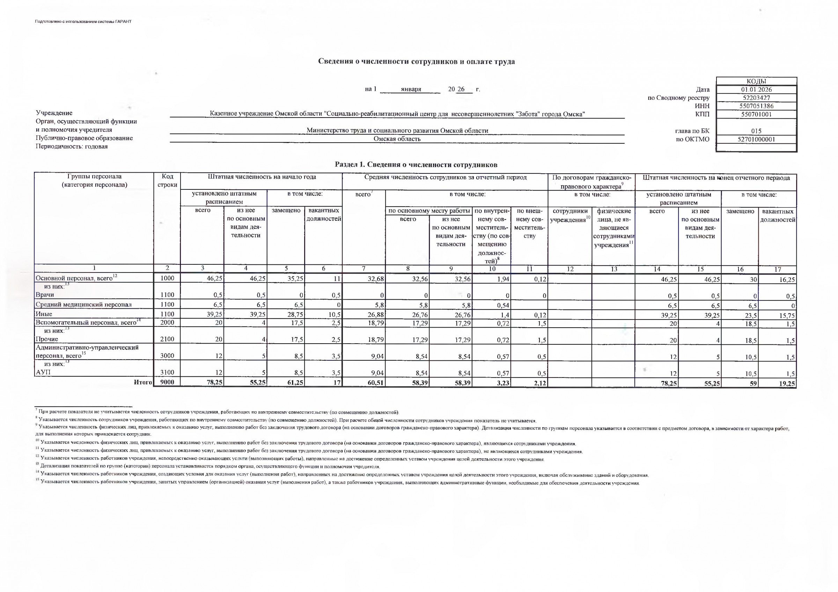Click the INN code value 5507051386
pos(756,106)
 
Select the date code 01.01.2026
pos(756,89)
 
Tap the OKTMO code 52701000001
pos(756,139)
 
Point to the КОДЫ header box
pos(756,81)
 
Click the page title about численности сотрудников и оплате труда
pos(416,61)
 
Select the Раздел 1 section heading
pos(416,165)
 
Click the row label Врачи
pos(45,295)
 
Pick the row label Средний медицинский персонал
pos(83,305)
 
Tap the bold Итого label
pos(143,382)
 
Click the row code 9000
pos(167,382)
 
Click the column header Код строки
pos(167,181)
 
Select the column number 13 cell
pos(614,269)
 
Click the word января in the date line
pos(411,89)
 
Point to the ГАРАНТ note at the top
pos(83,22)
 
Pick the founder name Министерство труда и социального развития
pos(397,130)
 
